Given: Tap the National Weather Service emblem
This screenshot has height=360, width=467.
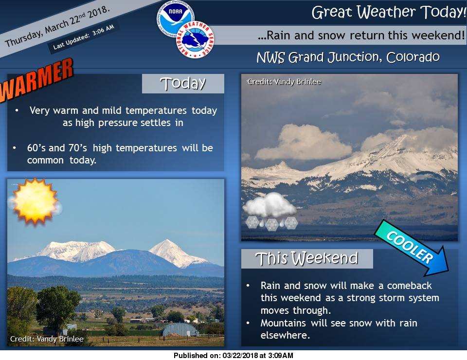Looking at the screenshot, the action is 195,39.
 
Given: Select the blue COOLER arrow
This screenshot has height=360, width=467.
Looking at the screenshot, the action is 412,248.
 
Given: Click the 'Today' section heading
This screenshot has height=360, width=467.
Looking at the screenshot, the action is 183,83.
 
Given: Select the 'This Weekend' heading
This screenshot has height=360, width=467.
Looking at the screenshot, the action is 306,258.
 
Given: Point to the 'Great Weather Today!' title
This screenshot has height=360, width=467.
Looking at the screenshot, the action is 389,12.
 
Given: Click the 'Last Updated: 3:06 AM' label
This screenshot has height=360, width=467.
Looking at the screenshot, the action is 84,37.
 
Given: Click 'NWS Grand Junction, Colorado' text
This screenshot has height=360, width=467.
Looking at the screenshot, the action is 348,57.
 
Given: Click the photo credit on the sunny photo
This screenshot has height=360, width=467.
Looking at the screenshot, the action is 47,339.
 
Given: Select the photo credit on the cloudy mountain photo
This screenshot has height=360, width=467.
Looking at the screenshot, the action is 284,82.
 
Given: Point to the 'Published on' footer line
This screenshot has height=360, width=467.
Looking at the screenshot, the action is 233,356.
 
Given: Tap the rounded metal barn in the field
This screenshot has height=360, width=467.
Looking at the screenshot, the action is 180,330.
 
